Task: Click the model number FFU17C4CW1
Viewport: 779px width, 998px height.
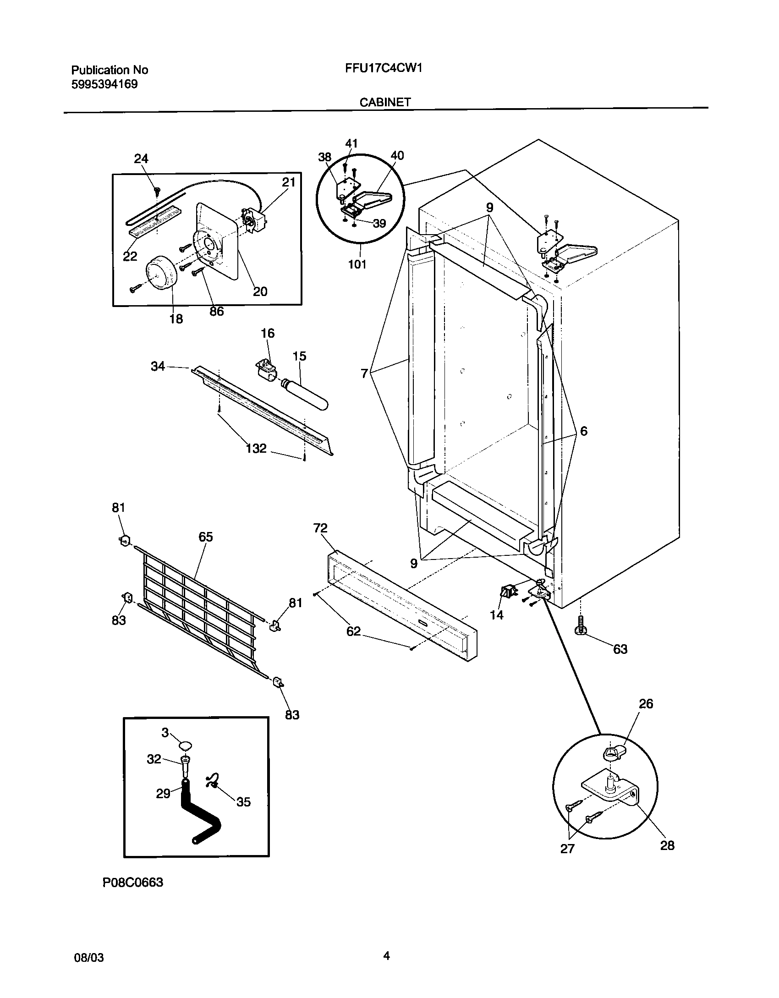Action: click(x=383, y=69)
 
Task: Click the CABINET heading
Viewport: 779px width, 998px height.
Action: click(x=385, y=103)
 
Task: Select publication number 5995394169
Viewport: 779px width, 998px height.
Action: click(x=104, y=84)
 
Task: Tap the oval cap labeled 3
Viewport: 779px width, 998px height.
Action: click(x=185, y=745)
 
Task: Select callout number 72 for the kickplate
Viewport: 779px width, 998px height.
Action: click(x=320, y=528)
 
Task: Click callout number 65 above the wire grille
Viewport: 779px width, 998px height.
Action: click(x=206, y=537)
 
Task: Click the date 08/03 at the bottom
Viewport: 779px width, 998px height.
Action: click(x=89, y=958)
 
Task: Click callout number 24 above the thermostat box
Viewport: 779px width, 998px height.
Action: click(x=141, y=159)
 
